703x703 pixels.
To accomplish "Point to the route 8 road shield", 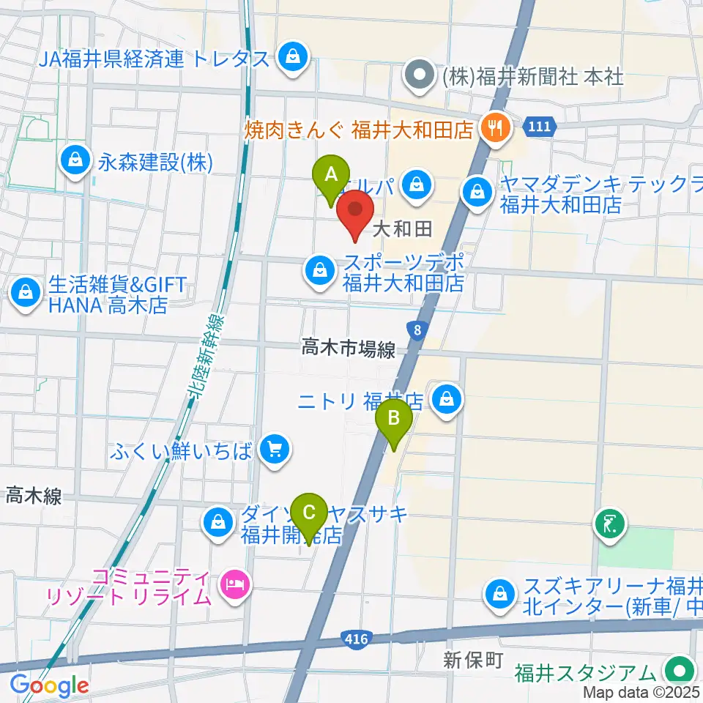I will (417, 331).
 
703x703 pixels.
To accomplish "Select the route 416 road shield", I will (354, 641).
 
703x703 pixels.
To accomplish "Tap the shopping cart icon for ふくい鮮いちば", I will (274, 448).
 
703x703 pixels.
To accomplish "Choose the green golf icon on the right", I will (611, 524).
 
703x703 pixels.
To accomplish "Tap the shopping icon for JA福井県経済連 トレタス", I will (293, 57).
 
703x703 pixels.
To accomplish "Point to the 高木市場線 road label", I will (348, 350).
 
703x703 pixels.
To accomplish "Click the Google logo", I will (49, 685).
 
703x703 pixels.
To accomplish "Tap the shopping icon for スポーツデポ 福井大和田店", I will (320, 271).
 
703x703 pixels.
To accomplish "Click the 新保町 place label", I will (473, 660).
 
